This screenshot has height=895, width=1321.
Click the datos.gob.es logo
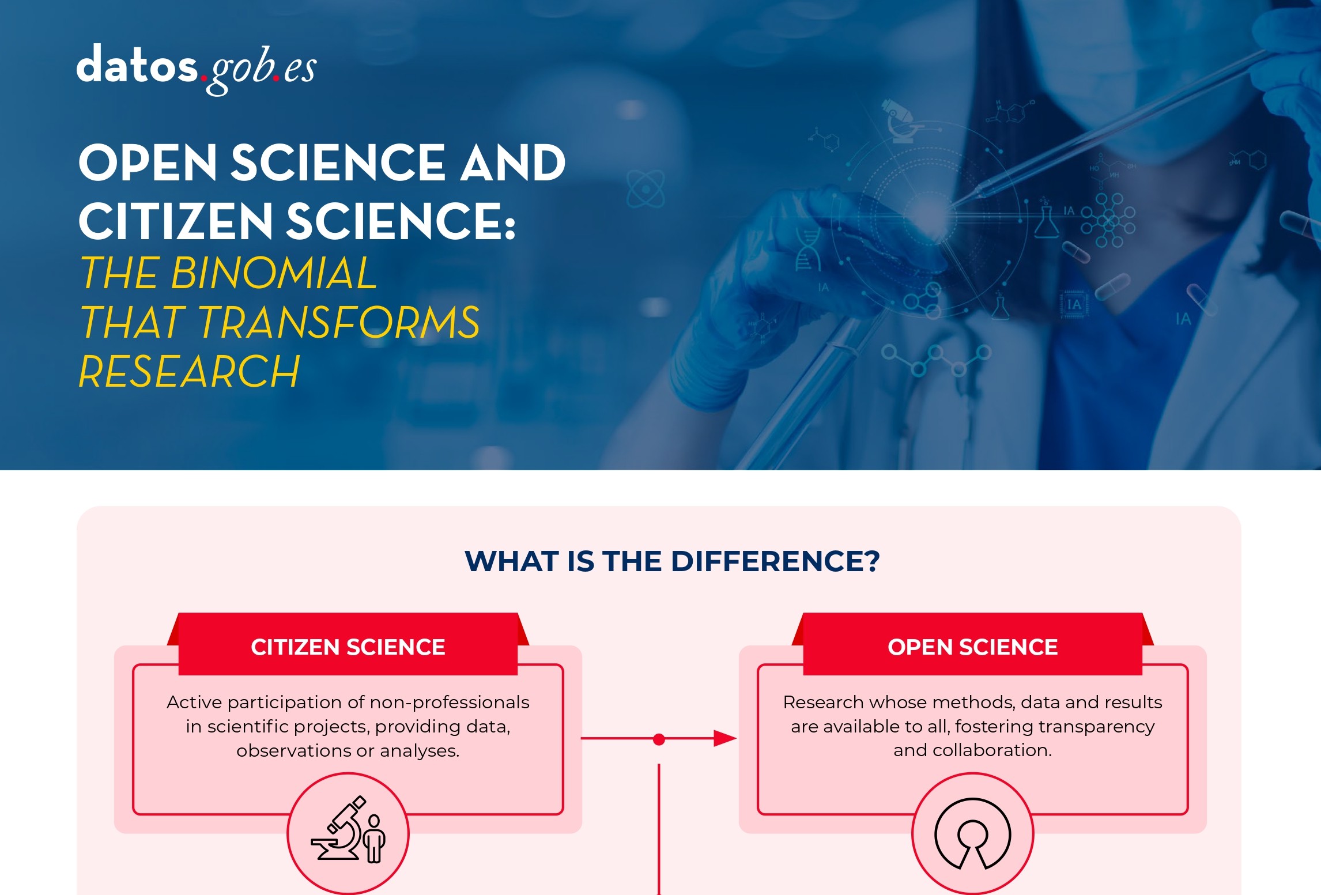pyautogui.click(x=197, y=69)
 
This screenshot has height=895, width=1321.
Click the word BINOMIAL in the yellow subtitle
pyautogui.click(x=274, y=273)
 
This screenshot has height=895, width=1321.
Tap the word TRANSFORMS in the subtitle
pyautogui.click(x=339, y=322)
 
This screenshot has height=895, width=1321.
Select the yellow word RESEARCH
pyautogui.click(x=189, y=372)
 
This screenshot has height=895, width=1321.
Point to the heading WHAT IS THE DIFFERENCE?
pyautogui.click(x=672, y=561)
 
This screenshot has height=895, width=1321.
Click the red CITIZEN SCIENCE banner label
pyautogui.click(x=348, y=647)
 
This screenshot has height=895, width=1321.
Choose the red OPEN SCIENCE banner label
pyautogui.click(x=973, y=647)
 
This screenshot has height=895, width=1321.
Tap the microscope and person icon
pyautogui.click(x=348, y=830)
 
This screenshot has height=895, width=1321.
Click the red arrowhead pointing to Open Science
pyautogui.click(x=725, y=738)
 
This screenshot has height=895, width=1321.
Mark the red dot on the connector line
pyautogui.click(x=659, y=739)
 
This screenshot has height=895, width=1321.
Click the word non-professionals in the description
pyautogui.click(x=450, y=702)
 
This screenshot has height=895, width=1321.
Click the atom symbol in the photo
pyautogui.click(x=646, y=189)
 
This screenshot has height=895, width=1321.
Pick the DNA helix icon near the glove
pyautogui.click(x=807, y=250)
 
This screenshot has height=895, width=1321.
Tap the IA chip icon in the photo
pyautogui.click(x=1073, y=304)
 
